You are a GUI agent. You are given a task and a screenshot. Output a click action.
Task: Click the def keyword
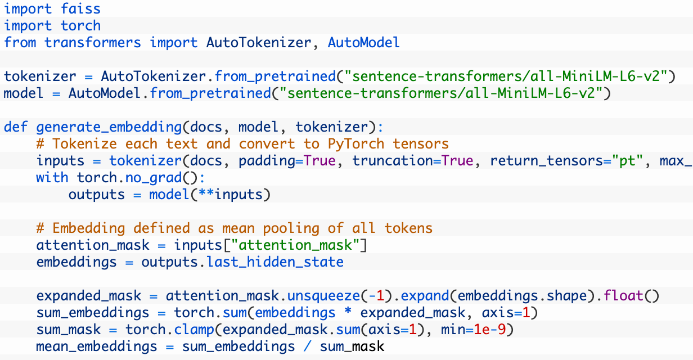16,127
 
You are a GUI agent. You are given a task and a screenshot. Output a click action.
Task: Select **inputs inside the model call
238,194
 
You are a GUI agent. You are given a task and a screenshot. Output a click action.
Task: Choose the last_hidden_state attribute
275,262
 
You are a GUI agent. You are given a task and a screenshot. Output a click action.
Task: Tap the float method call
627,295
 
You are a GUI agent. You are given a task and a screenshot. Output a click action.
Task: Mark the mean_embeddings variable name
93,346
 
